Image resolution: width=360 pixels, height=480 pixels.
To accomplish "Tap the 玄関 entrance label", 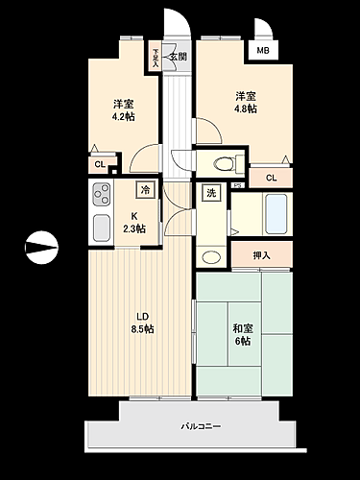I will click(x=179, y=57).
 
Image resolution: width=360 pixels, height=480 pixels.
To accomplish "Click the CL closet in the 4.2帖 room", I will click(x=100, y=165).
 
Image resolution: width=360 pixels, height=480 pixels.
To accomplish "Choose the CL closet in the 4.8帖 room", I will click(x=271, y=178).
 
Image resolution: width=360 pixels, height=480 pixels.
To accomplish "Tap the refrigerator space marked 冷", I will click(x=145, y=189).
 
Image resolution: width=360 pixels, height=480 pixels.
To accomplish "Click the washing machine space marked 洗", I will click(x=210, y=194).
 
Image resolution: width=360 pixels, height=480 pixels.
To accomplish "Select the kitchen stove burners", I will click(x=101, y=198).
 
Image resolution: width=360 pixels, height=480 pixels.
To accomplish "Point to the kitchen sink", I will click(x=101, y=228).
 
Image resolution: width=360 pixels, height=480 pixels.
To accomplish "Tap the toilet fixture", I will click(x=217, y=161).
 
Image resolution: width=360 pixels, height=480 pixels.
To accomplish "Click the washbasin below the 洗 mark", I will click(x=210, y=256).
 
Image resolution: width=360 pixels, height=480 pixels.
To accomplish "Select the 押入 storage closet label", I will click(x=261, y=255).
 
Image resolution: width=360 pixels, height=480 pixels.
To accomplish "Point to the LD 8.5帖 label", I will click(x=142, y=322).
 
